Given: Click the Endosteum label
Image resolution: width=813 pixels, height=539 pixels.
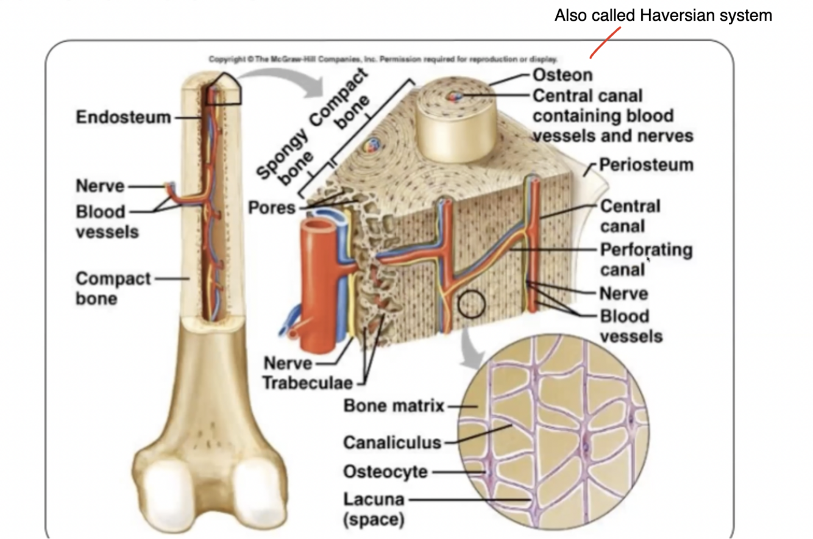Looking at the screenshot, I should pyautogui.click(x=123, y=116).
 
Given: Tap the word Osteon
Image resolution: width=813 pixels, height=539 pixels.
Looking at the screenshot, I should pyautogui.click(x=562, y=75).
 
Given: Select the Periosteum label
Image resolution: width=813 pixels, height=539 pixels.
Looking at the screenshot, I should pyautogui.click(x=646, y=165).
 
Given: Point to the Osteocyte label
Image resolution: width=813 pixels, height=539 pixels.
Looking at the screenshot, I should pyautogui.click(x=385, y=471).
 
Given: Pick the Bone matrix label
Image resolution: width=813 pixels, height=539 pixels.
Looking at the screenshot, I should pyautogui.click(x=393, y=405).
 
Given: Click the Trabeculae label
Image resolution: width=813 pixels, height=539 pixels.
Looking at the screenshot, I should pyautogui.click(x=307, y=383).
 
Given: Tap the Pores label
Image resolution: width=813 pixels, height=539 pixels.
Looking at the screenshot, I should pyautogui.click(x=271, y=207).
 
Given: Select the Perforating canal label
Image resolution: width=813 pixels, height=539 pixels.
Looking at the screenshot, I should pyautogui.click(x=646, y=259).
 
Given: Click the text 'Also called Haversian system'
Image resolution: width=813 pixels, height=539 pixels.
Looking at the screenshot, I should pyautogui.click(x=663, y=16).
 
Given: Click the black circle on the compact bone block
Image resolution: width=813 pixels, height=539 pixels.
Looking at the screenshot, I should pyautogui.click(x=470, y=304).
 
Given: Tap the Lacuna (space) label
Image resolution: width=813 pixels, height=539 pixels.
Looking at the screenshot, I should pyautogui.click(x=374, y=509).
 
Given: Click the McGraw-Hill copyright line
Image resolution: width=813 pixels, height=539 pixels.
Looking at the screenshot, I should pyautogui.click(x=383, y=59).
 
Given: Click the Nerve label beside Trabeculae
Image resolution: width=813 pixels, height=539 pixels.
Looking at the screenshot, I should pyautogui.click(x=288, y=363).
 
